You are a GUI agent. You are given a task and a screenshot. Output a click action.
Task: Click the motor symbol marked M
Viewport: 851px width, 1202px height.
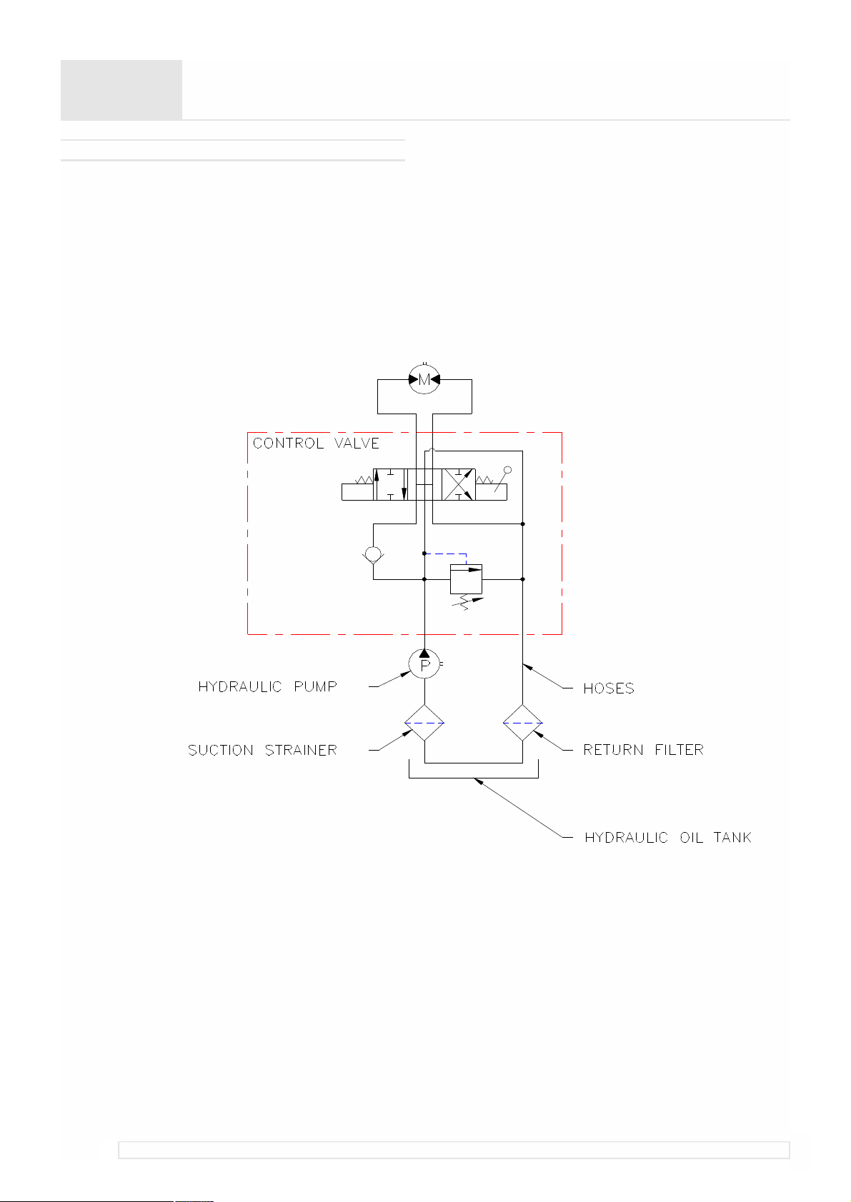click(x=424, y=379)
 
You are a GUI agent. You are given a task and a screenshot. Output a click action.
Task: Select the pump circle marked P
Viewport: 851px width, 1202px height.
click(x=424, y=663)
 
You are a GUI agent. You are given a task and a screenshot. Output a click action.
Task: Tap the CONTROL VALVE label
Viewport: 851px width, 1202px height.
click(x=316, y=444)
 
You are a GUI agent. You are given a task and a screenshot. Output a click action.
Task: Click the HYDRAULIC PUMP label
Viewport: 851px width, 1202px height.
click(x=267, y=687)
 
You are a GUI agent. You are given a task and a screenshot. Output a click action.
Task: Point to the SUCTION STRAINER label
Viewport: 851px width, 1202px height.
click(x=262, y=750)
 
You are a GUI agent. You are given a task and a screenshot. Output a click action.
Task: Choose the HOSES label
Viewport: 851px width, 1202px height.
click(x=608, y=688)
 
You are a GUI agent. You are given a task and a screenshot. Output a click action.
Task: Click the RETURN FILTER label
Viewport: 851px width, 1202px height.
click(x=643, y=750)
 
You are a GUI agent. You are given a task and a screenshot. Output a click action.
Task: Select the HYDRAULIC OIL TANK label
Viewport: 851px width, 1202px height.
click(x=667, y=838)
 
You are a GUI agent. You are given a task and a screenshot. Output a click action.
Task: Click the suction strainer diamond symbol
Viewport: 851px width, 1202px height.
click(x=424, y=723)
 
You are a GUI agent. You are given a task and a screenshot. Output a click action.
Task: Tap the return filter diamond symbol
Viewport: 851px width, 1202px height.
click(x=522, y=723)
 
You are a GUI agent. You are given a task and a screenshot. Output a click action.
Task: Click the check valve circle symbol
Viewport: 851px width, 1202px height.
click(x=373, y=554)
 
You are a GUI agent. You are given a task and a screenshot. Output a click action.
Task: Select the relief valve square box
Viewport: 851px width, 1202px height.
click(x=466, y=579)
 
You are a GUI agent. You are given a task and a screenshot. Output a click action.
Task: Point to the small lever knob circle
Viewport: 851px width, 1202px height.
click(x=507, y=470)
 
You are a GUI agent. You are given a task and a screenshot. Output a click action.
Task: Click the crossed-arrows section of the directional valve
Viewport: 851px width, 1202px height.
click(x=459, y=484)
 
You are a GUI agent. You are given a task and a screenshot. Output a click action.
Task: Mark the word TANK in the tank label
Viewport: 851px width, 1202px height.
click(x=732, y=838)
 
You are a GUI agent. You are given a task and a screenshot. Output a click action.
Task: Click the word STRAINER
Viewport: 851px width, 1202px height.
click(x=301, y=750)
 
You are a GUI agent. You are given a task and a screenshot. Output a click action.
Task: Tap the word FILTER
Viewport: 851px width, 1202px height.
click(x=680, y=750)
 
